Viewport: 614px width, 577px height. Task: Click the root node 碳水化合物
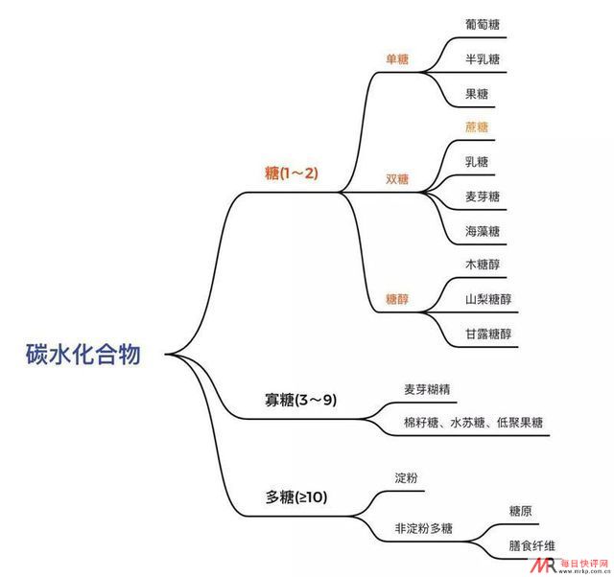tap(83, 354)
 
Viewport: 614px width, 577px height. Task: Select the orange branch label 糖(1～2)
tap(292, 173)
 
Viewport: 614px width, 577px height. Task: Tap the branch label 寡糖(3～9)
tap(300, 400)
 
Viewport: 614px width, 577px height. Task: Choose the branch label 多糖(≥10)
tap(296, 497)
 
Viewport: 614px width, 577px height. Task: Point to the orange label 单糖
tap(397, 59)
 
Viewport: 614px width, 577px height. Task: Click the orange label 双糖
tap(397, 179)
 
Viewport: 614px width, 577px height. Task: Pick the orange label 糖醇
tap(397, 299)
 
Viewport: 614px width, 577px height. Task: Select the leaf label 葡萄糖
tap(483, 24)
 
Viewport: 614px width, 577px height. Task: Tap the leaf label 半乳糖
tap(483, 59)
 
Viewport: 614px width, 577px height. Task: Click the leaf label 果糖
tap(477, 94)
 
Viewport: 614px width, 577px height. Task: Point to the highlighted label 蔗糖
tap(477, 127)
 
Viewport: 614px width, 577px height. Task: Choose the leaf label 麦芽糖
tap(483, 196)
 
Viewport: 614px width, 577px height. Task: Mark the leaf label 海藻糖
tap(483, 231)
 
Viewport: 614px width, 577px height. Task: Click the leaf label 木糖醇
tap(483, 265)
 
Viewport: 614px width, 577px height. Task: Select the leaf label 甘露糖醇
tap(488, 335)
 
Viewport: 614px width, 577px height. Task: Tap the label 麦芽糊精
tap(427, 389)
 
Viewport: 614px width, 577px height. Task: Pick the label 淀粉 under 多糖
tap(406, 477)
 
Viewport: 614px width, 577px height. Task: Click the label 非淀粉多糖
tap(423, 528)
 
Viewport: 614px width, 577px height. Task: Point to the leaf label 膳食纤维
tap(531, 545)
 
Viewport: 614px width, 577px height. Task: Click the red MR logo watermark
tap(544, 565)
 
